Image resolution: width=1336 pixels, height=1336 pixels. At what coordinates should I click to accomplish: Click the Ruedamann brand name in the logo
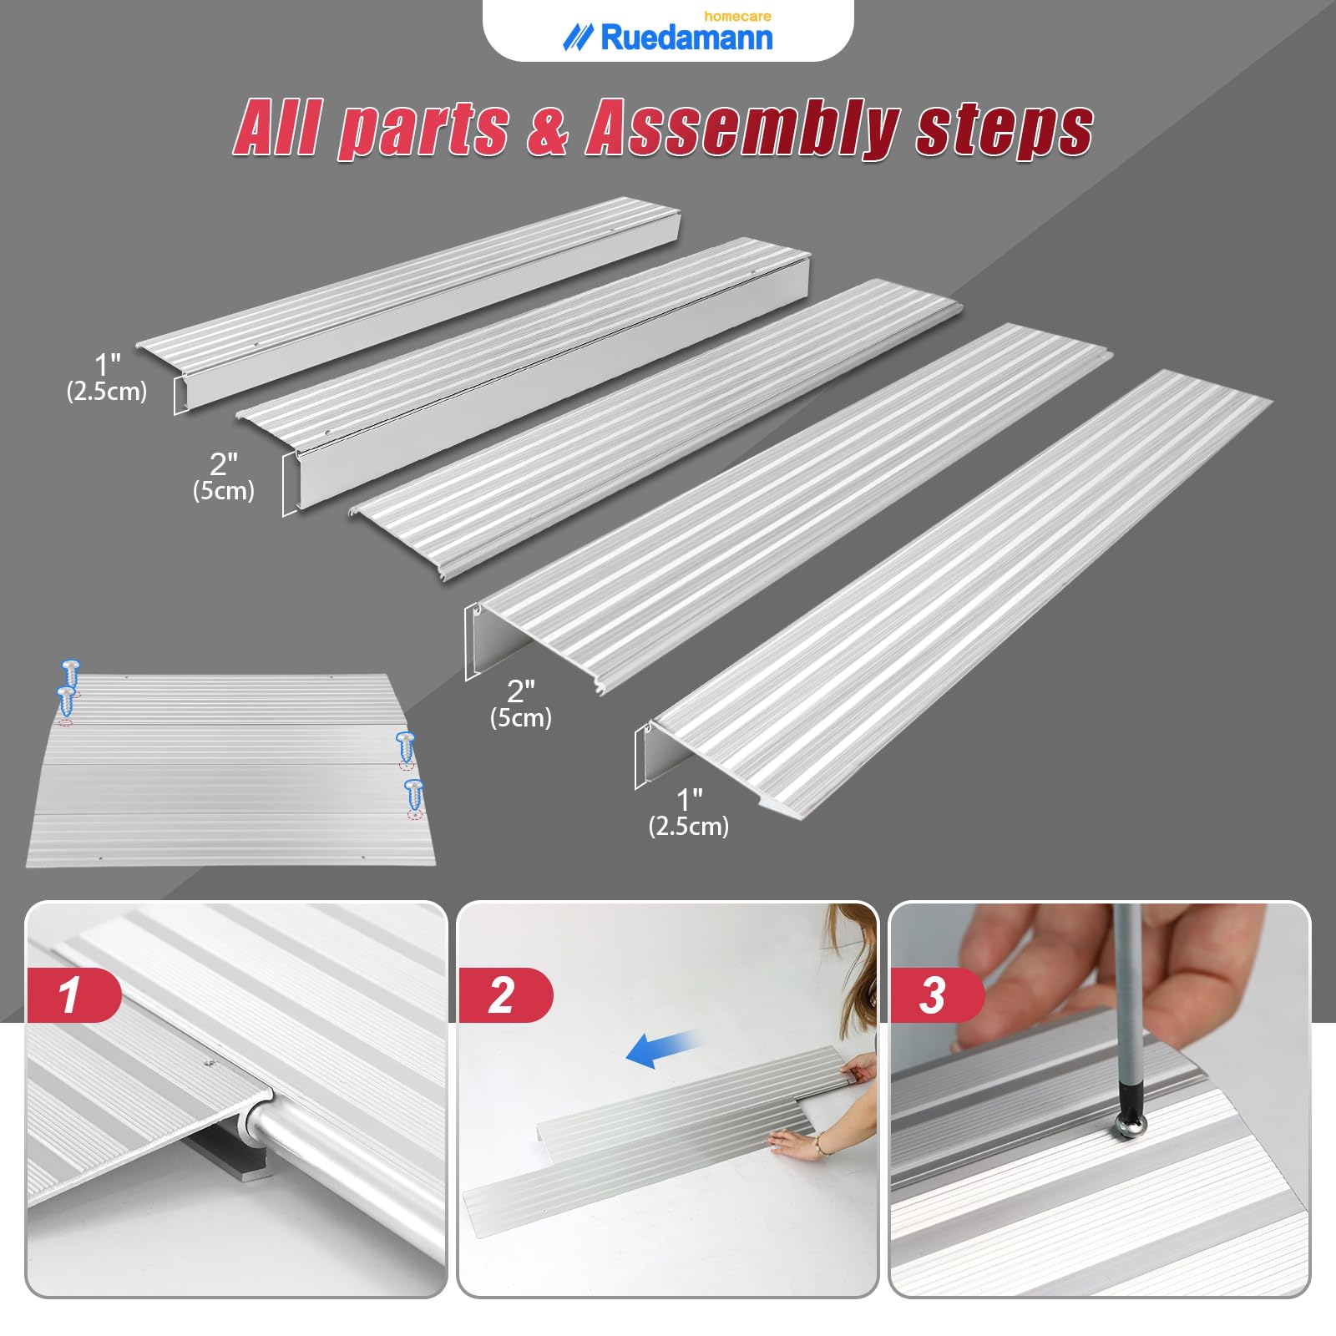pos(686,38)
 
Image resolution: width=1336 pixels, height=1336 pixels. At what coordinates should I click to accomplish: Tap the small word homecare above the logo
pos(736,16)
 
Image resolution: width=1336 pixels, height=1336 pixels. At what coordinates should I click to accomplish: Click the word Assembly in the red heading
pos(741,129)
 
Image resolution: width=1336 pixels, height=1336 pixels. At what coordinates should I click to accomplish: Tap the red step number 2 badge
pos(504,994)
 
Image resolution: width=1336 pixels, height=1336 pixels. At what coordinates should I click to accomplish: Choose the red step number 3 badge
pos(934,994)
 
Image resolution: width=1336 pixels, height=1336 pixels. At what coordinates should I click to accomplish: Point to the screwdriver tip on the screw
pos(1131,1125)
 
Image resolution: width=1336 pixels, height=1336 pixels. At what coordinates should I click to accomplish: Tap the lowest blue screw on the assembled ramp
pos(413,793)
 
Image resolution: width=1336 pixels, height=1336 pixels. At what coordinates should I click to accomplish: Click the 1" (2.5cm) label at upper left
pos(107,377)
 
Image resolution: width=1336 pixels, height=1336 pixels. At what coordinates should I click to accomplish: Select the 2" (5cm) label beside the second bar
pos(224,477)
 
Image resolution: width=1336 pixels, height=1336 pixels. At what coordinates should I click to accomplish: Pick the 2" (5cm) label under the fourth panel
pos(521,704)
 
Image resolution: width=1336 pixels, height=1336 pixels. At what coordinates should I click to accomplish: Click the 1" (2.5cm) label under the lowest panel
pos(689,812)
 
